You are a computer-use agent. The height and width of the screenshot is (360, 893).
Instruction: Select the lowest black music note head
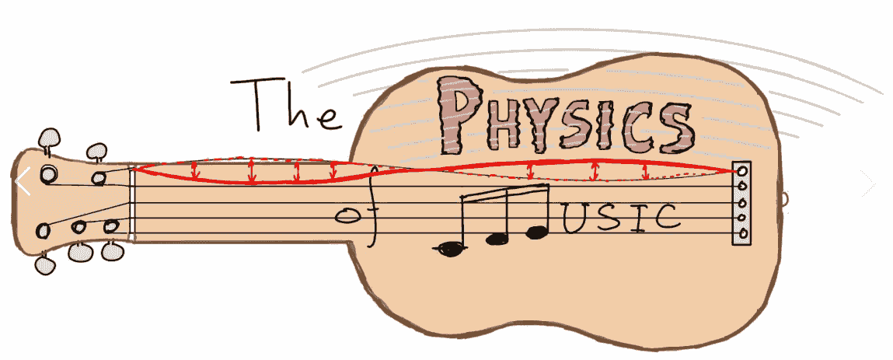tap(450, 249)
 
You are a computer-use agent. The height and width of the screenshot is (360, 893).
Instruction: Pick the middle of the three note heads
tap(497, 239)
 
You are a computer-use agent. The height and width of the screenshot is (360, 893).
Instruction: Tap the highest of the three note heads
tap(536, 231)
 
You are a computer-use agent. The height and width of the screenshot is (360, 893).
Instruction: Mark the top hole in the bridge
tap(742, 171)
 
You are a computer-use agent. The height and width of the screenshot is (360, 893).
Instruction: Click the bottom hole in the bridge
tap(742, 233)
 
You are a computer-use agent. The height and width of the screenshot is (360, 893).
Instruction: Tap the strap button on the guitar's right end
tap(784, 199)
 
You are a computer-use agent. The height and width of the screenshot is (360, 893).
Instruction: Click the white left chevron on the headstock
tap(23, 182)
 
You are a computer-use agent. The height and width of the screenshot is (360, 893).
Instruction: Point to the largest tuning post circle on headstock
tap(49, 173)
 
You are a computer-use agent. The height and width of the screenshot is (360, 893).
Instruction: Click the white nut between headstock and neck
tap(131, 204)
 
